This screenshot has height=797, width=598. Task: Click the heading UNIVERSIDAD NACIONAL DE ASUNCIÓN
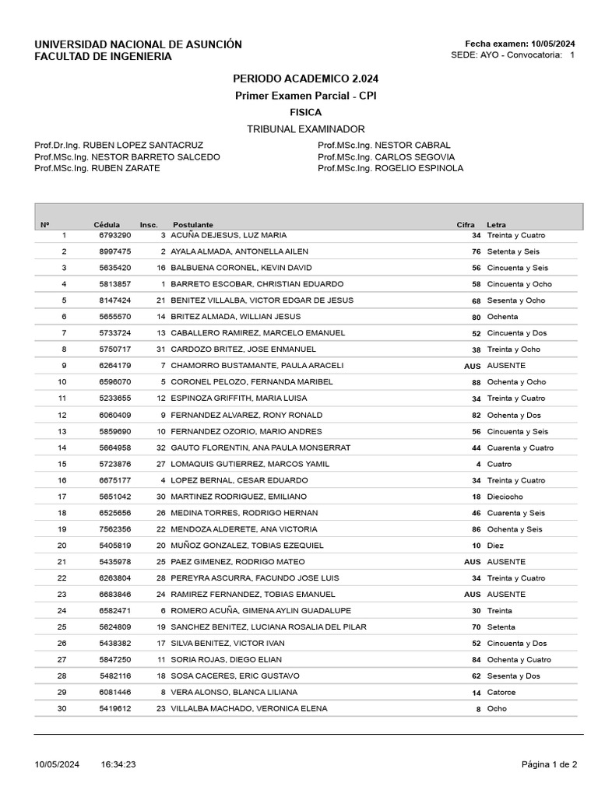point(138,44)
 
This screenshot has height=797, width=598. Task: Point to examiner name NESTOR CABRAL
point(413,145)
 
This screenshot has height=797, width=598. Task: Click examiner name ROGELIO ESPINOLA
point(419,168)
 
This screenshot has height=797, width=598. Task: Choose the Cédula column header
point(107,224)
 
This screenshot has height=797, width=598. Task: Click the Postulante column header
point(192,224)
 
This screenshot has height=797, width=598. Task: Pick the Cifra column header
point(465,224)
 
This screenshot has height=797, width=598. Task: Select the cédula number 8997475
point(114,251)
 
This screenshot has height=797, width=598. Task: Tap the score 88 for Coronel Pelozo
point(476,382)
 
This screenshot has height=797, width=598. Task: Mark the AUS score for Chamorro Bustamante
point(472,366)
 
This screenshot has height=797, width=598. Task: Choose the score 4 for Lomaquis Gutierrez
point(478,464)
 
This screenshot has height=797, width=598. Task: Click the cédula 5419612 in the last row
point(114,709)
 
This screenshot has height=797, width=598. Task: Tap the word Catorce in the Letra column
point(501,693)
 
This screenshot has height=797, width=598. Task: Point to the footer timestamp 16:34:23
point(118,765)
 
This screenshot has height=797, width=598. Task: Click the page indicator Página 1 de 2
point(549,765)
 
